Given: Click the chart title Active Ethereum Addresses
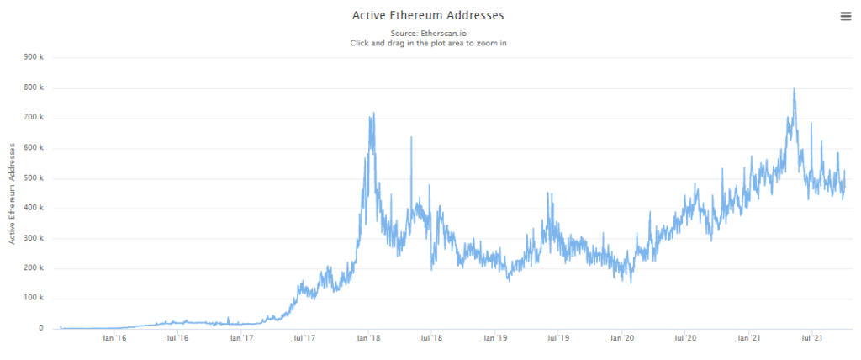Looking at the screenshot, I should point(428,15).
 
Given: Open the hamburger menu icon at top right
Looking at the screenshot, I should point(844,16).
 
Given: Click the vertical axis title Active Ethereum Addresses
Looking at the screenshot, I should point(13,193).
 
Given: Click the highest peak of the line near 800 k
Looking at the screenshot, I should point(794,89).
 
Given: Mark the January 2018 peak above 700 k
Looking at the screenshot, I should point(372,114).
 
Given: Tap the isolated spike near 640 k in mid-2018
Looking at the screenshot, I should point(411,137).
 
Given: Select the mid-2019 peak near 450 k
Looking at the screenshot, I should point(549,193).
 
